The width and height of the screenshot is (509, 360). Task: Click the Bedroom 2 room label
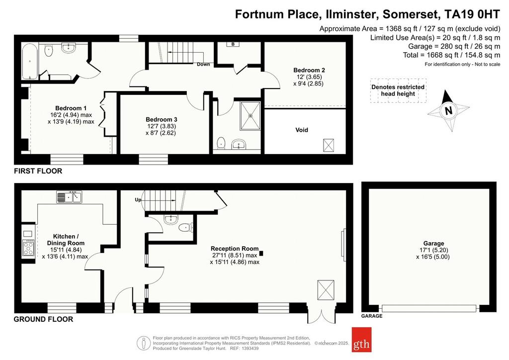(309, 70)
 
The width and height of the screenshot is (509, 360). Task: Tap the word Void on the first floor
(302, 130)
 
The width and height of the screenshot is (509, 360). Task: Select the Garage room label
(433, 244)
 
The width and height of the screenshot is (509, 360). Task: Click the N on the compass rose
(448, 111)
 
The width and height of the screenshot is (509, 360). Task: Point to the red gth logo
(361, 340)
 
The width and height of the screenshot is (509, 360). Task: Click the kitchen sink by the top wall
(69, 197)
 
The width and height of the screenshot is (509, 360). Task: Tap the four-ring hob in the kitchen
(28, 248)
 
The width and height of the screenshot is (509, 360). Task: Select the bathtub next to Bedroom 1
(30, 61)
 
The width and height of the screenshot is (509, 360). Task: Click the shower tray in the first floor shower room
(251, 115)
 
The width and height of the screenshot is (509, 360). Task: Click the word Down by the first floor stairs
(203, 64)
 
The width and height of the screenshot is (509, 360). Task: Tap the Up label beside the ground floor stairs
(138, 199)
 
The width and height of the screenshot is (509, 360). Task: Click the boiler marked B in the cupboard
(233, 44)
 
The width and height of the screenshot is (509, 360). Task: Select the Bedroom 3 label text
(161, 119)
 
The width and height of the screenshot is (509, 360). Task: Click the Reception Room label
(235, 249)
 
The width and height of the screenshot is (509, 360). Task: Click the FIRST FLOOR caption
(38, 171)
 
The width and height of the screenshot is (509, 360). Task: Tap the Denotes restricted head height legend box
(398, 90)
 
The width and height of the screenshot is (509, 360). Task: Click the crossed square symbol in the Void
(329, 145)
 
